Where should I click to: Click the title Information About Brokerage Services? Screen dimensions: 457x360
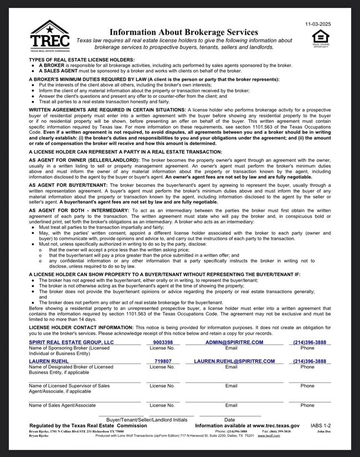pos(184,33)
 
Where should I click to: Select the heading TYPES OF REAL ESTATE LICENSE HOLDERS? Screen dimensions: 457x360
pos(81,60)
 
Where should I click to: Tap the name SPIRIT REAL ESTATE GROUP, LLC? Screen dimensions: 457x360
pos(71,343)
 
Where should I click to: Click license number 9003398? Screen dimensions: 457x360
pos(162,343)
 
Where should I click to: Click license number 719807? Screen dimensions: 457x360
pos(162,361)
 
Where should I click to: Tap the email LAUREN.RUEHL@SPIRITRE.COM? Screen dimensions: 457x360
pos(231,361)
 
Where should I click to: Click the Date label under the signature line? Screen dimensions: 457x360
pos(229,420)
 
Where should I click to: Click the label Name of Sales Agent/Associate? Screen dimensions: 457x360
pos(62,406)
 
